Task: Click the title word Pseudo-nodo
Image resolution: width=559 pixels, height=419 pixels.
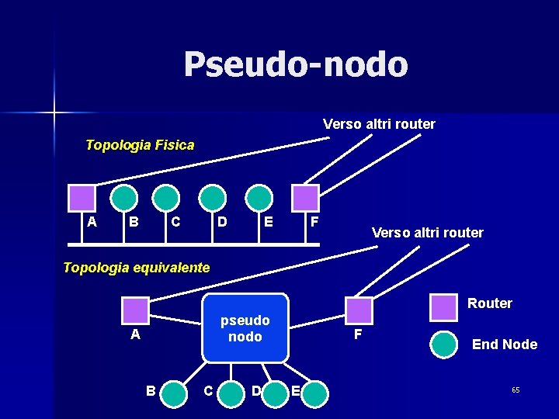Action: pyautogui.click(x=296, y=64)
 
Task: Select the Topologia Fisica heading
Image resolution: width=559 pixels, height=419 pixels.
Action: pyautogui.click(x=140, y=145)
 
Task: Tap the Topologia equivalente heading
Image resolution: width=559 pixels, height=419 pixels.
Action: pyautogui.click(x=136, y=268)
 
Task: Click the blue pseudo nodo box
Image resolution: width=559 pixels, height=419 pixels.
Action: pyautogui.click(x=245, y=328)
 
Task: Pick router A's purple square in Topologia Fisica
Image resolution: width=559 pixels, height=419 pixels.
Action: pyautogui.click(x=82, y=198)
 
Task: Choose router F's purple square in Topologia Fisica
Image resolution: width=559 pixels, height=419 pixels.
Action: pyautogui.click(x=306, y=198)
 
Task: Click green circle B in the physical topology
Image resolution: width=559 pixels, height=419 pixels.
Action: pyautogui.click(x=123, y=198)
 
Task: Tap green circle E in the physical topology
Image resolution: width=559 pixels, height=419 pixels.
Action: pyautogui.click(x=259, y=198)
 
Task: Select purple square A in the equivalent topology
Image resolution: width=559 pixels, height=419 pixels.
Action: pyautogui.click(x=136, y=310)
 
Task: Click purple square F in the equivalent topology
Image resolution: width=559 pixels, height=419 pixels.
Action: pyautogui.click(x=358, y=310)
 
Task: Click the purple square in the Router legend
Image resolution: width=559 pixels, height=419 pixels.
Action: pyautogui.click(x=444, y=306)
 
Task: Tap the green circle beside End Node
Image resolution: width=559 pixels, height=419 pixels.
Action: pyautogui.click(x=444, y=345)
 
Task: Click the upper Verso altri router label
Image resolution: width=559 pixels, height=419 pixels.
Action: pyautogui.click(x=379, y=124)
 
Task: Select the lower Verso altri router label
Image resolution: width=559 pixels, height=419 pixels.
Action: pyautogui.click(x=427, y=233)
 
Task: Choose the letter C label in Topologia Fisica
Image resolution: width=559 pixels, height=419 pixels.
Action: pyautogui.click(x=175, y=223)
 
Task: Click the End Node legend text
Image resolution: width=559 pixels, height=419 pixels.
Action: pyautogui.click(x=505, y=345)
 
